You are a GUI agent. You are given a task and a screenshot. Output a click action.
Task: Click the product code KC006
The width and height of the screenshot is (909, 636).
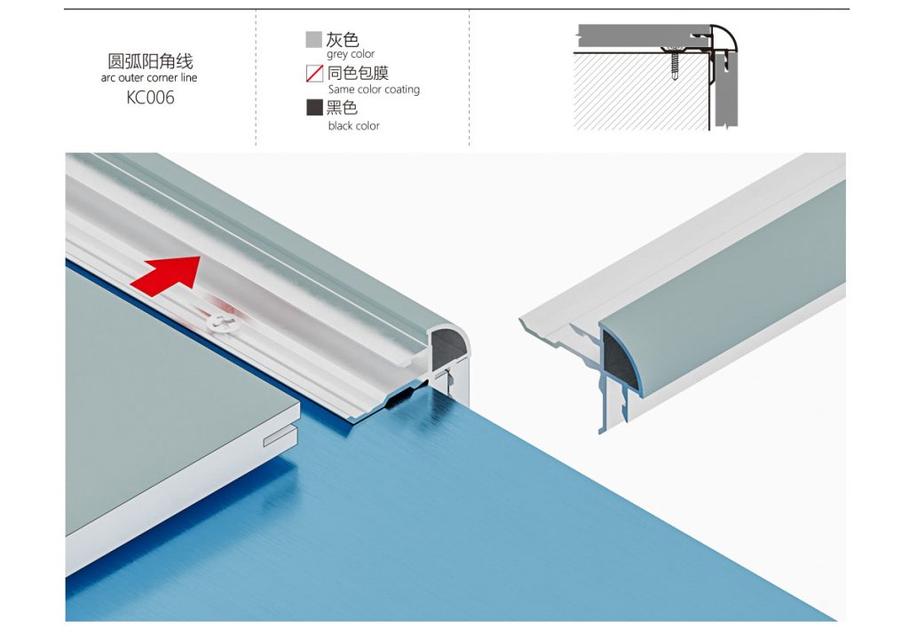[x=150, y=98]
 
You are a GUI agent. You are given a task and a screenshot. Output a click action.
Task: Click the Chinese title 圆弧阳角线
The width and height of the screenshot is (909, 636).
[x=150, y=61]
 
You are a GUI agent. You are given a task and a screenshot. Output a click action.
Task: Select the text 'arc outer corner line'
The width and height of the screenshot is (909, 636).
[x=149, y=78]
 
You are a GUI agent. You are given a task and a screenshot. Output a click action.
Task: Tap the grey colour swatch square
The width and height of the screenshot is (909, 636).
[x=313, y=39]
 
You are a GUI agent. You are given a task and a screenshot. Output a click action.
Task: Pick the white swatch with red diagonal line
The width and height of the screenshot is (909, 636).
[x=314, y=74]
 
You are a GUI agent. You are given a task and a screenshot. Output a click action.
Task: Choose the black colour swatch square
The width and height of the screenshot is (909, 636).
[x=314, y=107]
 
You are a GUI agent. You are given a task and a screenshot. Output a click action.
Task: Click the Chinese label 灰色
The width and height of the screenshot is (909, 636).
[x=342, y=39]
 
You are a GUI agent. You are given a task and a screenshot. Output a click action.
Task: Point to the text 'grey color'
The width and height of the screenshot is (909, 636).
[x=351, y=54]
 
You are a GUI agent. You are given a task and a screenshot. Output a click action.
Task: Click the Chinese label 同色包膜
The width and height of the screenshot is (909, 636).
[x=358, y=73]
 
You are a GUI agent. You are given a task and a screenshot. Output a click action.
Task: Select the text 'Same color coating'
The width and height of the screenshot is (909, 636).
[x=374, y=90]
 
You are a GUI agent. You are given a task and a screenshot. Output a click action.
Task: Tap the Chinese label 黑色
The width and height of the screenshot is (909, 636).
[x=342, y=107]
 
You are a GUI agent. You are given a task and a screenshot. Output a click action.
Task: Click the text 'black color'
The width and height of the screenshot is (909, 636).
[x=353, y=126]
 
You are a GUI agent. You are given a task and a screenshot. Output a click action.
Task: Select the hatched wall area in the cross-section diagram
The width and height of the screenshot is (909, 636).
[x=641, y=91]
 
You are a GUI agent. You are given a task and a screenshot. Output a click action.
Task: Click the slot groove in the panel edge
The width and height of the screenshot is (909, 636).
[x=281, y=437]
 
